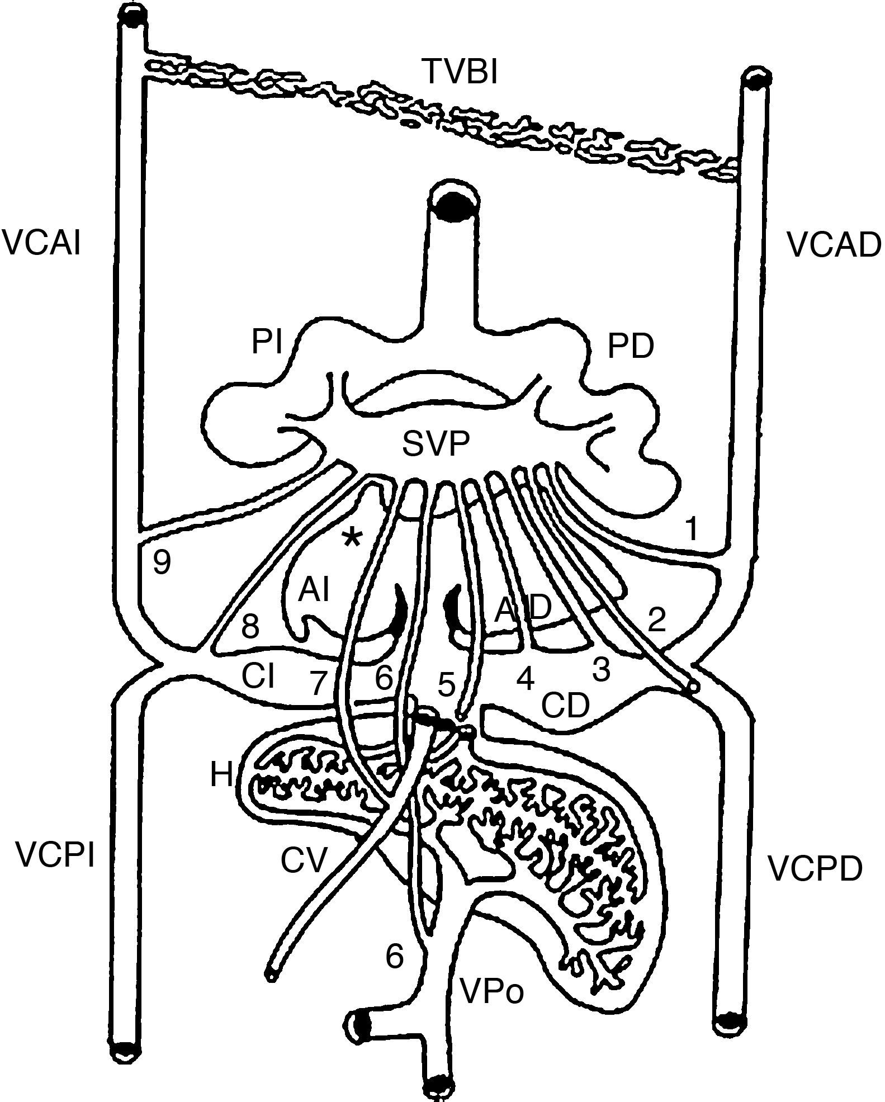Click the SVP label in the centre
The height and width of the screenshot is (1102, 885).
pos(436,444)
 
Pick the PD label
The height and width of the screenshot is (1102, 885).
pos(631,347)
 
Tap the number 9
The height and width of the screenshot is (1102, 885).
pos(162,562)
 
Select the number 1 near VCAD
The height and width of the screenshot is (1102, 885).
pos(692,529)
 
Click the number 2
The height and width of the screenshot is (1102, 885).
pos(656,619)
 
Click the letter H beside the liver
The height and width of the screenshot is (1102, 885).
pos(222,775)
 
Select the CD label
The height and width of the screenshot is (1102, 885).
pos(565,706)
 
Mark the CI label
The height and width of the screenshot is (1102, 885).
pos(258,677)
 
